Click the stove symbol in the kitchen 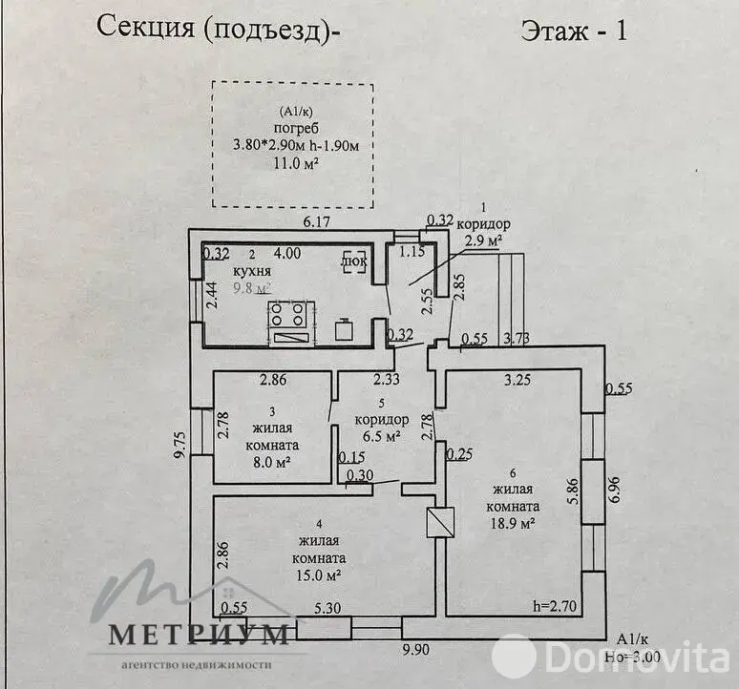click(289, 315)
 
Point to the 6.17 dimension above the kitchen click(316, 222)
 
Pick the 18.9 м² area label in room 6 click(514, 524)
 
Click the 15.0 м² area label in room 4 click(320, 575)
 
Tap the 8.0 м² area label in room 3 click(272, 463)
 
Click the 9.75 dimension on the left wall click(179, 444)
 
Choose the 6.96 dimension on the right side click(616, 489)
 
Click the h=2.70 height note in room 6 click(557, 604)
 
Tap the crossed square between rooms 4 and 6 click(442, 521)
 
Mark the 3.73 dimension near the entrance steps click(517, 338)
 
